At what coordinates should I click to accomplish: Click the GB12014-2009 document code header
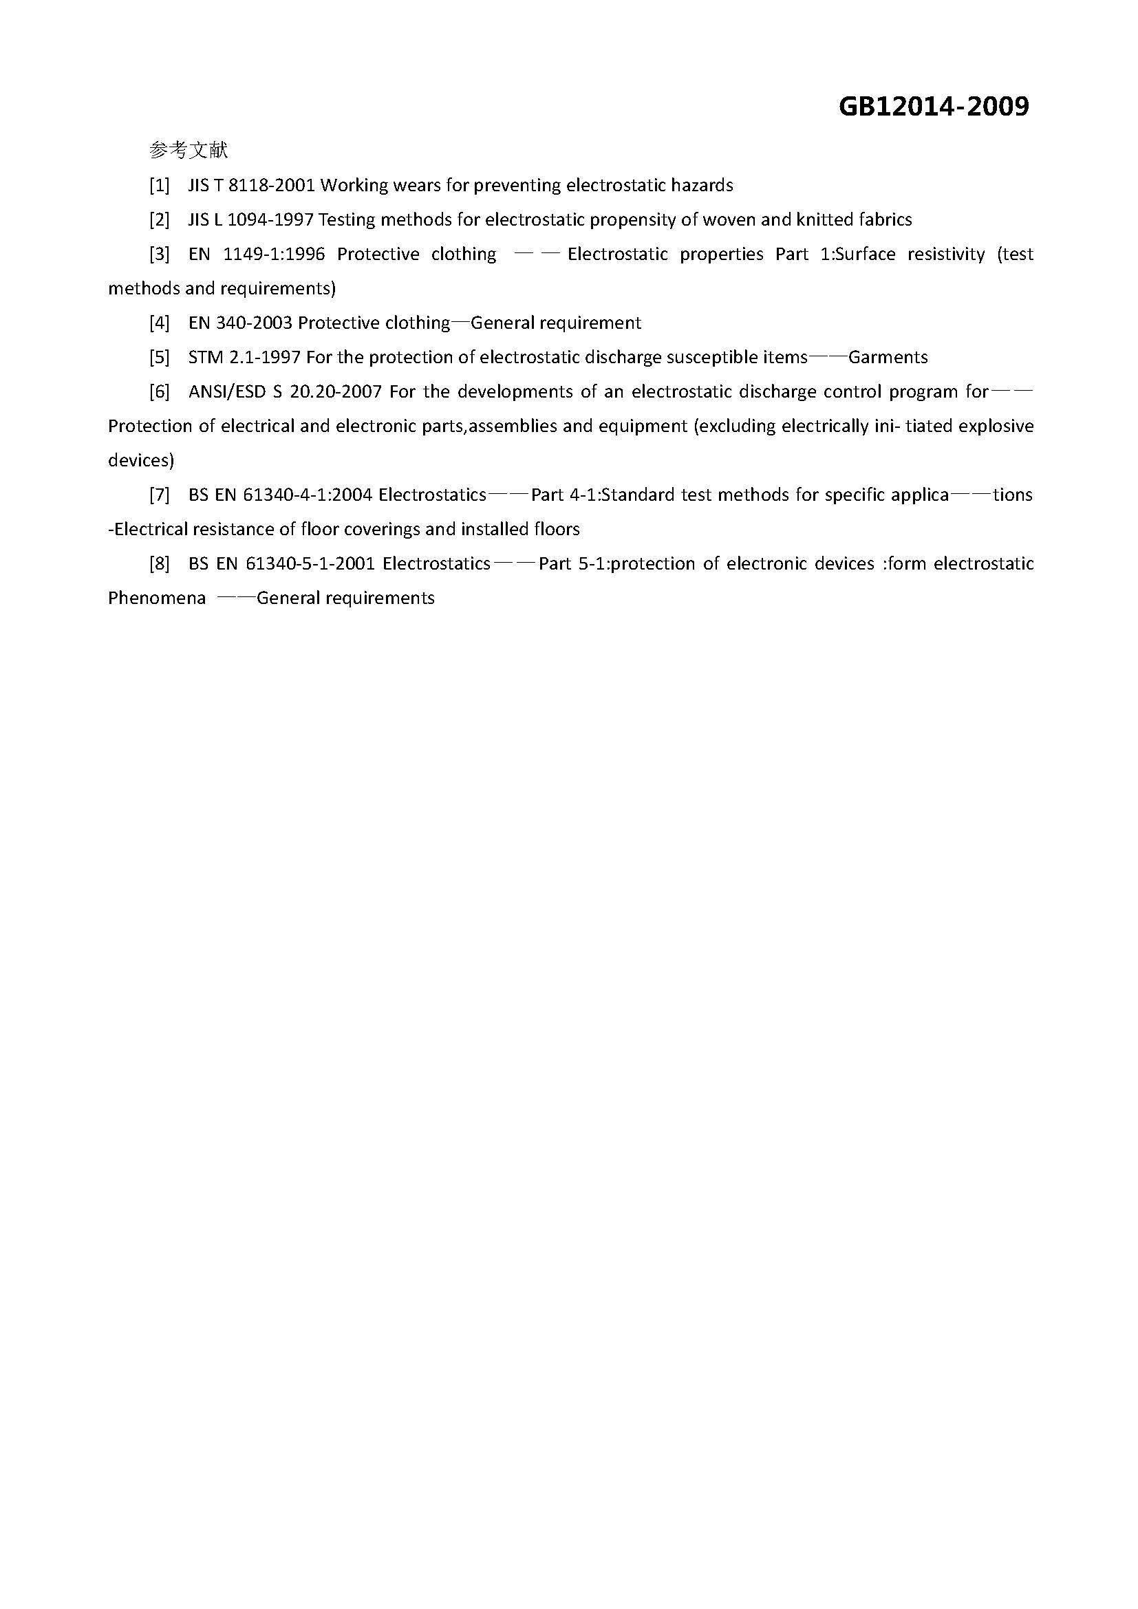click(934, 107)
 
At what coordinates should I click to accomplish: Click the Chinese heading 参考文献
click(189, 150)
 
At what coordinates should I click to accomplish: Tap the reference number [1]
click(160, 185)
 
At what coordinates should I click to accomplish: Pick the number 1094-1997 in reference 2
click(270, 219)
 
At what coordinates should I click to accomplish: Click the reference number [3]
click(160, 254)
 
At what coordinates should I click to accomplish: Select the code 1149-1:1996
click(274, 254)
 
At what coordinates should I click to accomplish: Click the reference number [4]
click(160, 323)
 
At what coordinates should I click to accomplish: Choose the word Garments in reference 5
click(888, 358)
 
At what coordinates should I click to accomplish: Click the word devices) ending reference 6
click(141, 460)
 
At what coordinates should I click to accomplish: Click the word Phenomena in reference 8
click(157, 598)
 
